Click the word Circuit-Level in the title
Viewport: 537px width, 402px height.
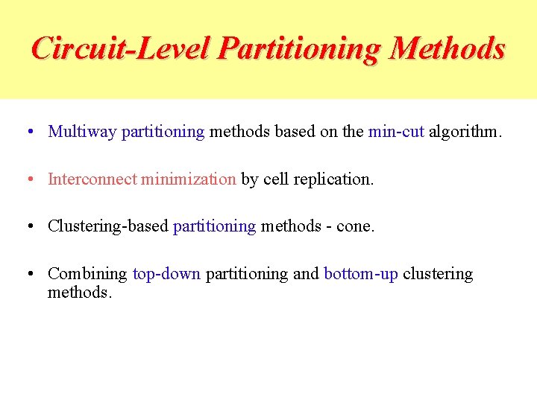122,48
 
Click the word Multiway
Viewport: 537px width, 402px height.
82,133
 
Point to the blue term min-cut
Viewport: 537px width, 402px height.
396,132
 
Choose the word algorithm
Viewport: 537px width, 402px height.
465,133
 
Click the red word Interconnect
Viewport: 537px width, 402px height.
92,179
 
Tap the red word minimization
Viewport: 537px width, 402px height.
189,179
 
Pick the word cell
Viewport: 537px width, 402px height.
275,179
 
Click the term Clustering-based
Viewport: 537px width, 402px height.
108,226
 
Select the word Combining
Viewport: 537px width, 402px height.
87,274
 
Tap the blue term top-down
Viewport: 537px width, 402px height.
166,274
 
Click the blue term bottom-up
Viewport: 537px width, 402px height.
361,274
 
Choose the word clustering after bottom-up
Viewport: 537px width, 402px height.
438,274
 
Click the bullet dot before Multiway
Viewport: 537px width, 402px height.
28,133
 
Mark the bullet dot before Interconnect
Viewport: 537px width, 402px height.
28,179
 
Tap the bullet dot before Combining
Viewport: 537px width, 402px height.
28,274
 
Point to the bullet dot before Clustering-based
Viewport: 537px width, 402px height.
28,226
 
